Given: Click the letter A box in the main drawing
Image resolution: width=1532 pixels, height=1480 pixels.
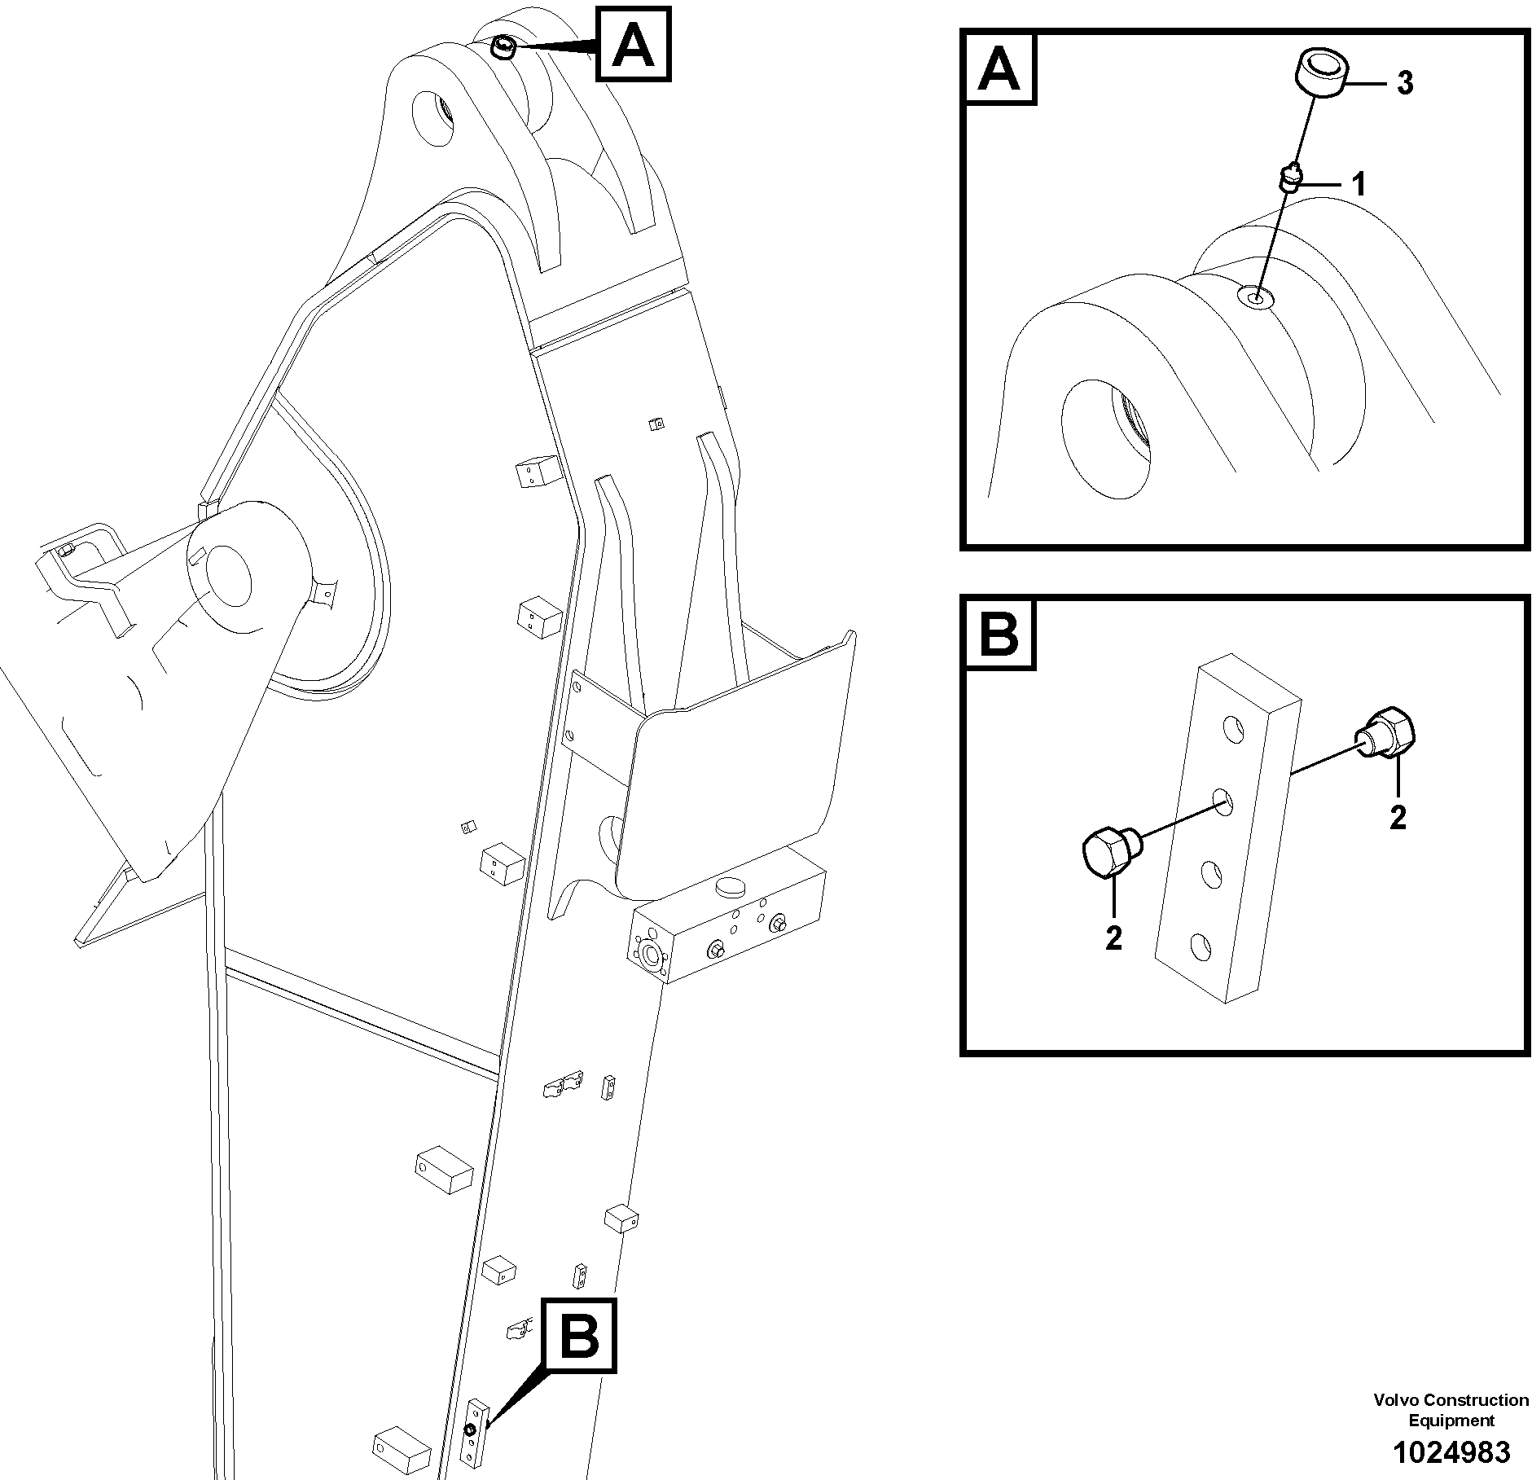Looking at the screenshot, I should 634,44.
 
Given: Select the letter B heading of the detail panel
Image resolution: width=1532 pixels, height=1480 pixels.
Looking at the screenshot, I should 999,634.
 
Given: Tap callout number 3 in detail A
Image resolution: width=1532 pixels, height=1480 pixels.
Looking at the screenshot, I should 1405,83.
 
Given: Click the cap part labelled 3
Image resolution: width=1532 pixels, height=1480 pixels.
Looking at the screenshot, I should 1320,73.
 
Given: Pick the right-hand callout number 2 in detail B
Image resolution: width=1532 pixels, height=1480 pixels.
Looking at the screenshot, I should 1398,817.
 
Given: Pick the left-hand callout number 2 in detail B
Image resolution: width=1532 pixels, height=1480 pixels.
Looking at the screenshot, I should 1113,938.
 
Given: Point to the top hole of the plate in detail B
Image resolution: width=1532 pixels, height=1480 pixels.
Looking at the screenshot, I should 1232,728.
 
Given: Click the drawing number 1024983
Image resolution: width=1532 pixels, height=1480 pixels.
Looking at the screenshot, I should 1451,1451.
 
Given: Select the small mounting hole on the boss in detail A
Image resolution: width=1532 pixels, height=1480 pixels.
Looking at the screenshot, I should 1256,298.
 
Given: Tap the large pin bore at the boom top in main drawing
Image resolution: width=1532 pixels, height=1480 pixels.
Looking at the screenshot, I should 435,120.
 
